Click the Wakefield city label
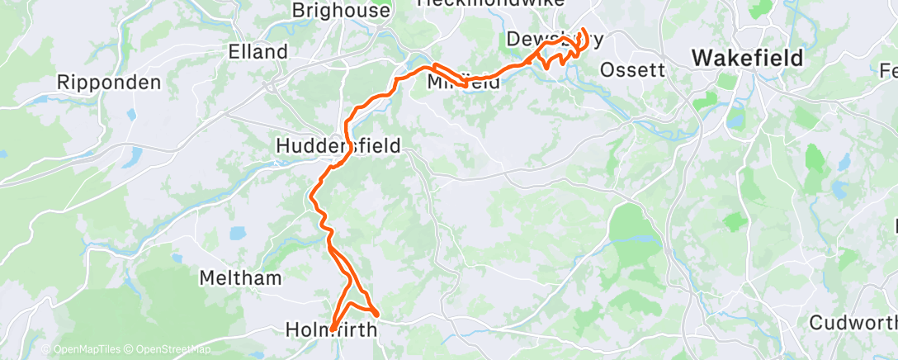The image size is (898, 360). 748,58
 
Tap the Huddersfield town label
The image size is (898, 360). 338,146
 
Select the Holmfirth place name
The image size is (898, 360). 330,329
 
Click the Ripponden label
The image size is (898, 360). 121,83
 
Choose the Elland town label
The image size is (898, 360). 258,51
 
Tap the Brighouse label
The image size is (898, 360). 341,12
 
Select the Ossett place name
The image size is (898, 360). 632,69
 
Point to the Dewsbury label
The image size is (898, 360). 555,39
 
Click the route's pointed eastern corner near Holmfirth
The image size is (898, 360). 377,314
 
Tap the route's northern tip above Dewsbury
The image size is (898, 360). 584,31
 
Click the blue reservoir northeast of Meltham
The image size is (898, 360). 238,234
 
